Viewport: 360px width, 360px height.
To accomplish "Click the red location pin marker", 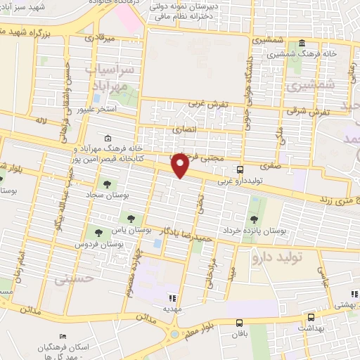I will click(x=181, y=166).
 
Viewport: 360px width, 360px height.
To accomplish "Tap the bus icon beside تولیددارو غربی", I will click(x=240, y=169).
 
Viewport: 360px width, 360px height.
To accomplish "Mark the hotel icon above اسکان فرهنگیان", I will click(x=63, y=337).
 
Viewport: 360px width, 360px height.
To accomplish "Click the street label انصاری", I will click(x=185, y=129).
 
